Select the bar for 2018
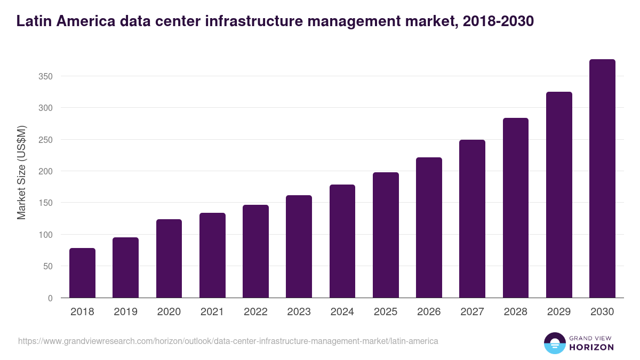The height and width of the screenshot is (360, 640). pos(82,273)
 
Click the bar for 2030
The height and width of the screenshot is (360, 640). pos(602,179)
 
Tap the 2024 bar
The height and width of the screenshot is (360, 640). pos(342,241)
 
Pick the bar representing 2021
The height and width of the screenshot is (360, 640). pos(212,255)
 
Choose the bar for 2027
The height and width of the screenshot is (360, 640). pos(472,219)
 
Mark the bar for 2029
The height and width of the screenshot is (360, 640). pos(559,195)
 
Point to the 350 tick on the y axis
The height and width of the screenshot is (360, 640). pos(46,76)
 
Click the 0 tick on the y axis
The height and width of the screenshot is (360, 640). pos(50,298)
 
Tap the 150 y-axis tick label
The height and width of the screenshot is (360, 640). pos(46,203)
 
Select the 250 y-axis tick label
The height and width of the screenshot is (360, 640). pos(46,140)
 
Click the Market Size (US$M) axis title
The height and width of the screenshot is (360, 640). pos(21,172)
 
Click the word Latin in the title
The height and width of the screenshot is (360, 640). pos(33,21)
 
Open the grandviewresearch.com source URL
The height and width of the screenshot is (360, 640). pos(228,341)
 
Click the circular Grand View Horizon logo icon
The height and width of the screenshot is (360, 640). pos(554,343)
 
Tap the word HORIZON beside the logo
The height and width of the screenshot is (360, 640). pos(591,347)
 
